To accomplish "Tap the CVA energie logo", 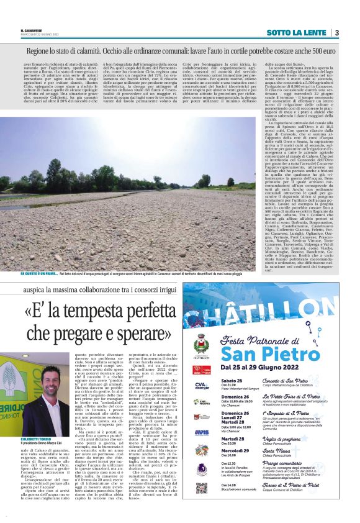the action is click(x=201, y=386).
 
